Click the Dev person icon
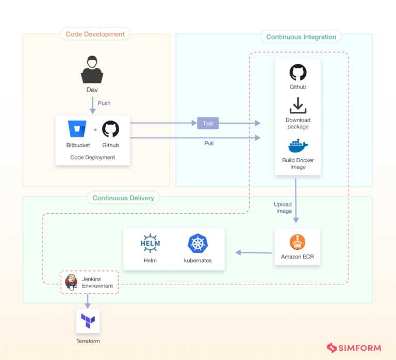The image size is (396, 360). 92,70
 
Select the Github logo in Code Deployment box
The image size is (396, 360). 110,129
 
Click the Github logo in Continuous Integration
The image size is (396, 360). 298,73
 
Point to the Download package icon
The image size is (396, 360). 298,105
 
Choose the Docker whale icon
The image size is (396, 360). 298,146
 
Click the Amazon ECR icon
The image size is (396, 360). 298,242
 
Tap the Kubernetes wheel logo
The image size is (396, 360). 197,244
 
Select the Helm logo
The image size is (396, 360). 150,244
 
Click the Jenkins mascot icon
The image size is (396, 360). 71,282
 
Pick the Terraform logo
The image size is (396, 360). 88,321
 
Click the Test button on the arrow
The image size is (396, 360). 208,123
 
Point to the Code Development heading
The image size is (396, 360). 95,35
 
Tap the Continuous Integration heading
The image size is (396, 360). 301,37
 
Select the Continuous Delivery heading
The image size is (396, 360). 123,198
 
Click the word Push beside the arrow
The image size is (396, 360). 104,103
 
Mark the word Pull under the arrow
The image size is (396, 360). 209,143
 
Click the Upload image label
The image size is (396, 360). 283,208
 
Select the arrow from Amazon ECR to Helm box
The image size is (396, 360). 254,252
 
